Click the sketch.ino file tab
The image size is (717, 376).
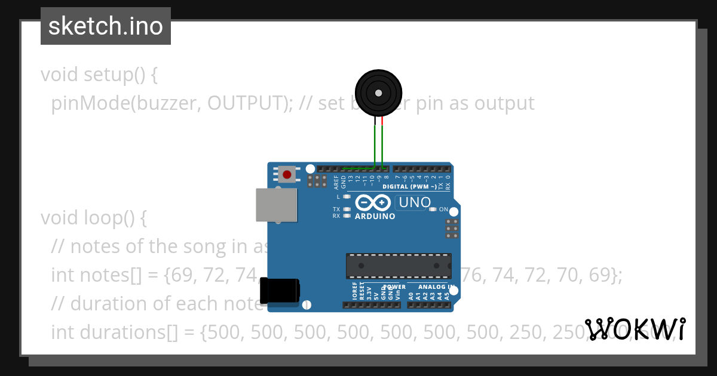click(106, 26)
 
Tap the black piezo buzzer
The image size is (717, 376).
click(378, 93)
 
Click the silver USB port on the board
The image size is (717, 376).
click(276, 205)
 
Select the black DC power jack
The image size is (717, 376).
click(280, 292)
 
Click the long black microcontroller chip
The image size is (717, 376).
click(398, 266)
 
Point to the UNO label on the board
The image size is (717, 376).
click(415, 202)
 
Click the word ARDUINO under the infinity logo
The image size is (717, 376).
click(375, 216)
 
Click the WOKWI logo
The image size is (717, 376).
click(635, 329)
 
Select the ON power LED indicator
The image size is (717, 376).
click(433, 209)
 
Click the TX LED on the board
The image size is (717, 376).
click(347, 209)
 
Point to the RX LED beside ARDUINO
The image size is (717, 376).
click(347, 216)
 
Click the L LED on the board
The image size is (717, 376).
click(347, 196)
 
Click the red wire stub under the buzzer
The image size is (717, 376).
click(382, 122)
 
